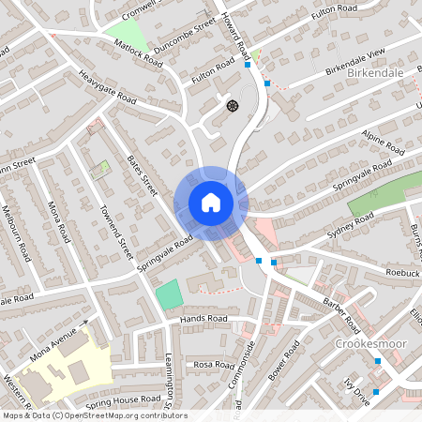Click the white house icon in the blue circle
[x=211, y=203]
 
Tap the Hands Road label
[x=204, y=319]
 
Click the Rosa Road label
[x=212, y=364]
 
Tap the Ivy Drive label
[x=358, y=389]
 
